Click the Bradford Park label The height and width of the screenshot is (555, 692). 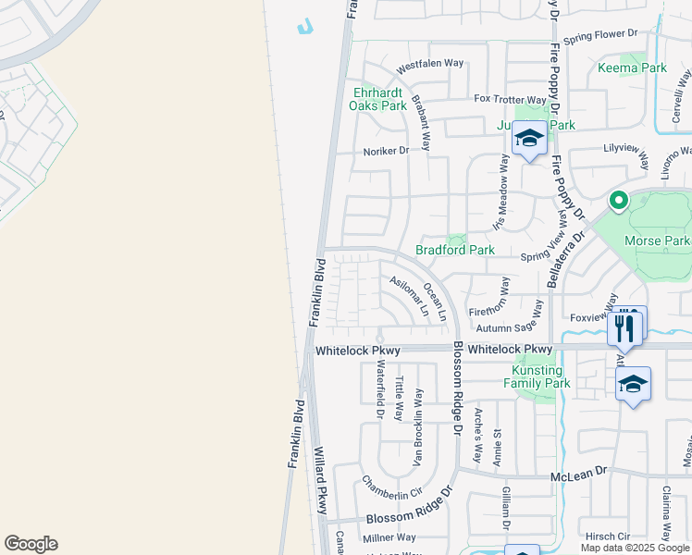[x=454, y=250]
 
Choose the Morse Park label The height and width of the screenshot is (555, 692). [x=656, y=241]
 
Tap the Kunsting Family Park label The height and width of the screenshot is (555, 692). [x=536, y=376]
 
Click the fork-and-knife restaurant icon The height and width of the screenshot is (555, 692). [x=624, y=327]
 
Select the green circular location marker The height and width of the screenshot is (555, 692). [x=617, y=199]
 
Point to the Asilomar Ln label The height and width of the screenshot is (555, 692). [x=409, y=296]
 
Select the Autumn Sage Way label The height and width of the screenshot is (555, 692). [x=508, y=327]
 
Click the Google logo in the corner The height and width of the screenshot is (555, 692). [x=31, y=544]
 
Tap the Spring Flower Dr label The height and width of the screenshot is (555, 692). [x=601, y=35]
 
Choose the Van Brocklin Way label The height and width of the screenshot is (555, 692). [x=418, y=426]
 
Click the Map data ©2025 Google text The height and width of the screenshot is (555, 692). [x=635, y=548]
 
